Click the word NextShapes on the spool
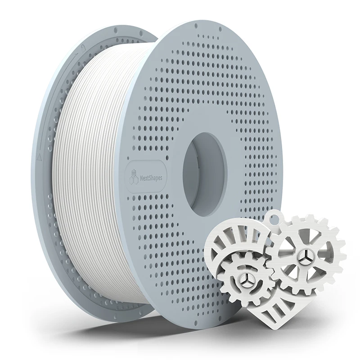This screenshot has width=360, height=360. coord(150,178)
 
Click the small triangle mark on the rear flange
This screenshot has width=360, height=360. coord(40,157)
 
